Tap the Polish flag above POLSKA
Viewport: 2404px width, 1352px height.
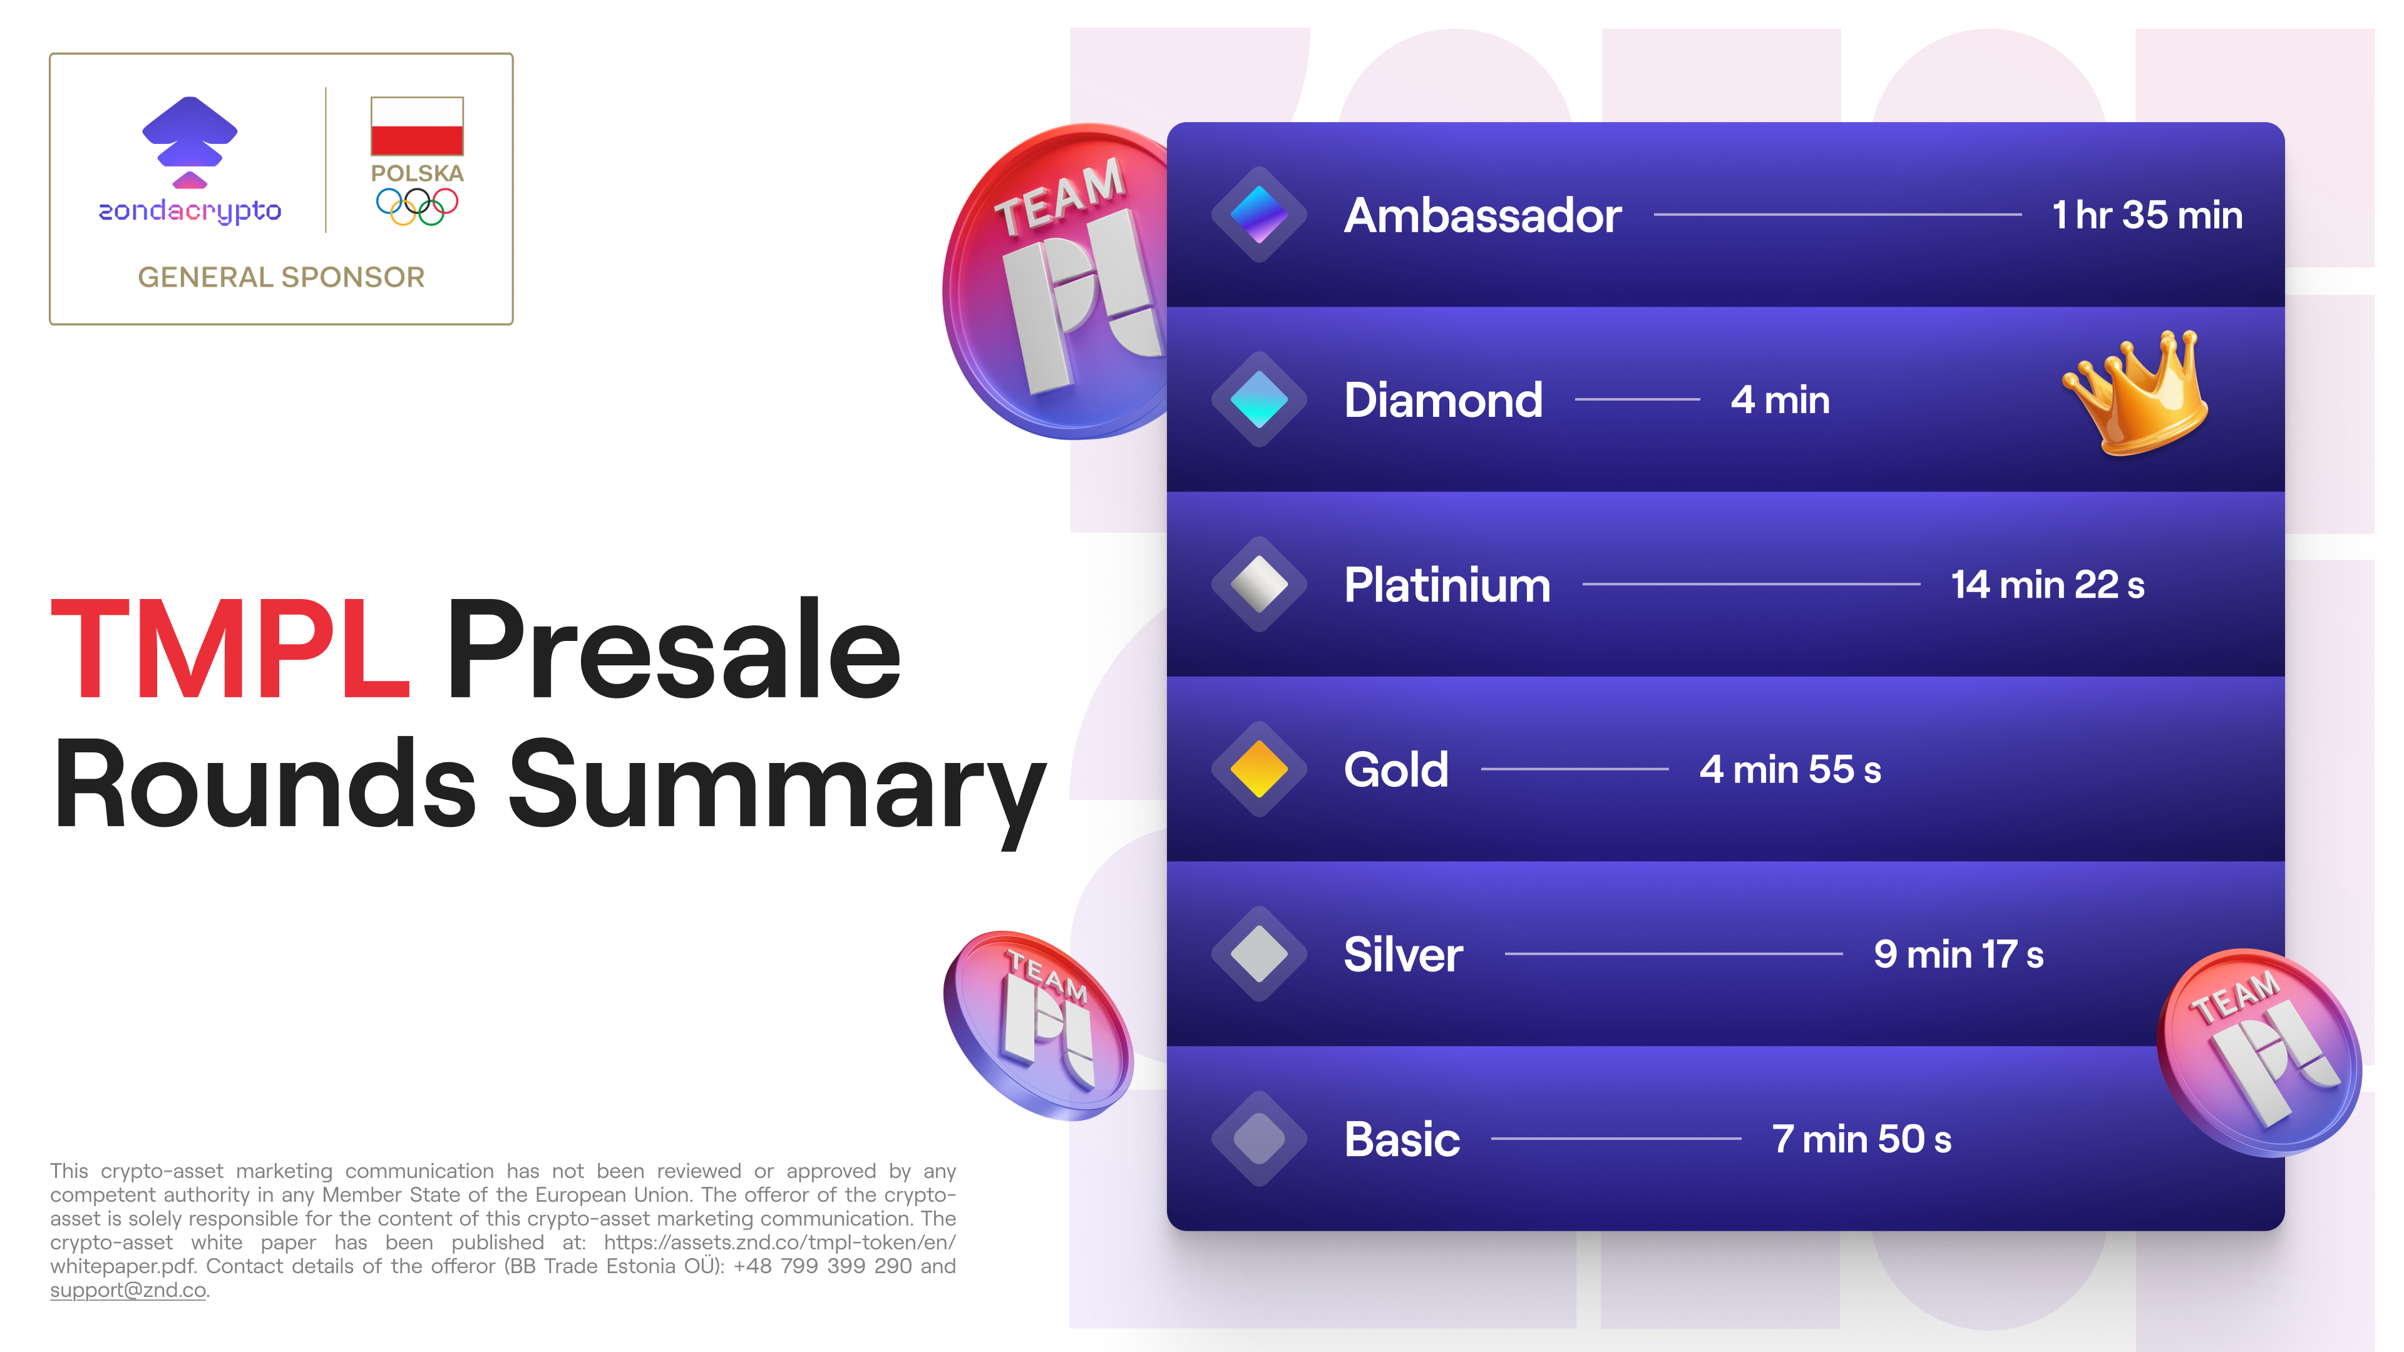coord(416,126)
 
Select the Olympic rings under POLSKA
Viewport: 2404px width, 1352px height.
coord(416,206)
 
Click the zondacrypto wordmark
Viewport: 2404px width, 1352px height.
coord(190,212)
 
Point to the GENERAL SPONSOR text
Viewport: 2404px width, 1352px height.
coord(281,277)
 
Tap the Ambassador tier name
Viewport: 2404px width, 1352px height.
coord(1482,215)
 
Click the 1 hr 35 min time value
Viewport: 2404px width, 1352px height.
coord(2147,215)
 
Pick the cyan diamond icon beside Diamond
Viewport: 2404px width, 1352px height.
coord(1259,399)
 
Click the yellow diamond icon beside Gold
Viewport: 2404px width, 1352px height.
coord(1259,769)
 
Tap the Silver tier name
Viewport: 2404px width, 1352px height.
coord(1402,955)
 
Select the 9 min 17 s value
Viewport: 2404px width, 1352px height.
coord(1958,955)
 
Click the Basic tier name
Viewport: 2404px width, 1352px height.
coord(1402,1139)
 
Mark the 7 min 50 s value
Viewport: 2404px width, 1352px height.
coord(1861,1139)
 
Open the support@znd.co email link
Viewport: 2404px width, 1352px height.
coord(128,1291)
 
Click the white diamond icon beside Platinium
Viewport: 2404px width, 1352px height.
coord(1259,584)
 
